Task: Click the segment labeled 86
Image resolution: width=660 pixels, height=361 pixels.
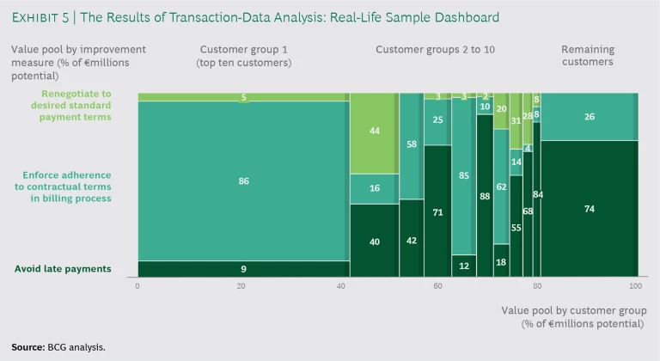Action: (x=243, y=180)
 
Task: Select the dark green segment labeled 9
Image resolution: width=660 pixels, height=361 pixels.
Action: (x=243, y=269)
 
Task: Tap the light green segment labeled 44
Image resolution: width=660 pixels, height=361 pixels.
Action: (x=374, y=132)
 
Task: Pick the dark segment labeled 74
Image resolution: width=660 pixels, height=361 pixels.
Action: (x=589, y=209)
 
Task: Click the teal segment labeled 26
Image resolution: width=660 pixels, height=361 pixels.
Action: (x=589, y=117)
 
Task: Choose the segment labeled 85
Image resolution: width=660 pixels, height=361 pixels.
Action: (x=464, y=175)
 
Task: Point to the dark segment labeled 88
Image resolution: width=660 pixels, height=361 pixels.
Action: (x=485, y=196)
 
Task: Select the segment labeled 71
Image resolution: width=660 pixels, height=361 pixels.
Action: (x=437, y=211)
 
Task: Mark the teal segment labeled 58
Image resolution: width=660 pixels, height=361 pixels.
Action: (x=412, y=144)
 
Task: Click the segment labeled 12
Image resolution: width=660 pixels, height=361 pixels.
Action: (x=464, y=266)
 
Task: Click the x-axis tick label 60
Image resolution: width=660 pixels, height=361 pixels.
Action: (x=438, y=286)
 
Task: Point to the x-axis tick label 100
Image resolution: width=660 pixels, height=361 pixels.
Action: (x=635, y=286)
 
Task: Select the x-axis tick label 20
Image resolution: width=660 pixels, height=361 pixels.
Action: (x=241, y=286)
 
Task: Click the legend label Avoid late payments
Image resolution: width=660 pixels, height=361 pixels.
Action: (x=63, y=269)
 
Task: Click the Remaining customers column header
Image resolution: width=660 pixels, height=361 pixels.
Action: (x=588, y=56)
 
